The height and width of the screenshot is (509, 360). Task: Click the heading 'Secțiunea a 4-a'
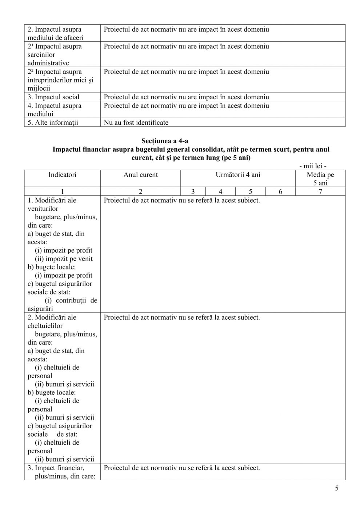point(165,141)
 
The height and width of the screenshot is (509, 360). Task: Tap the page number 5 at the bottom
point(336,488)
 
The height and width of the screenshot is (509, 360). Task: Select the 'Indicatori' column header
point(63,175)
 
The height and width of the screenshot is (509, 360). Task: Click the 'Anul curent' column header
point(140,175)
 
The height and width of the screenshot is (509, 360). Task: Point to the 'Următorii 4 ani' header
point(238,175)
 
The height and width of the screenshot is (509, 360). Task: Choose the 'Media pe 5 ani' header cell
point(320,179)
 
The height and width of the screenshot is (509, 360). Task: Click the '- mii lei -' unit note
point(312,166)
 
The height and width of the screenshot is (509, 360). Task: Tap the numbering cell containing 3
point(193,192)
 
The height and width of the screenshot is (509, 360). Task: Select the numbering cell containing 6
point(280,192)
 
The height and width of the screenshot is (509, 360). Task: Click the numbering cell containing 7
point(320,192)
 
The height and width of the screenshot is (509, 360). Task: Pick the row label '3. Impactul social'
point(53,97)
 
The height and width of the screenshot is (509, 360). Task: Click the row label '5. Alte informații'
point(53,123)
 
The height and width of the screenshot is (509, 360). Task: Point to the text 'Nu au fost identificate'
point(136,123)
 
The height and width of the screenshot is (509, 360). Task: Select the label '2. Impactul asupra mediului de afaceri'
point(55,33)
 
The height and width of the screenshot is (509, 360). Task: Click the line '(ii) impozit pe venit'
point(64,259)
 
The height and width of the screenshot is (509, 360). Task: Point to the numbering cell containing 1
point(63,192)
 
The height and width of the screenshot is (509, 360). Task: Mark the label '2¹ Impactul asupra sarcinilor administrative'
point(55,55)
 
